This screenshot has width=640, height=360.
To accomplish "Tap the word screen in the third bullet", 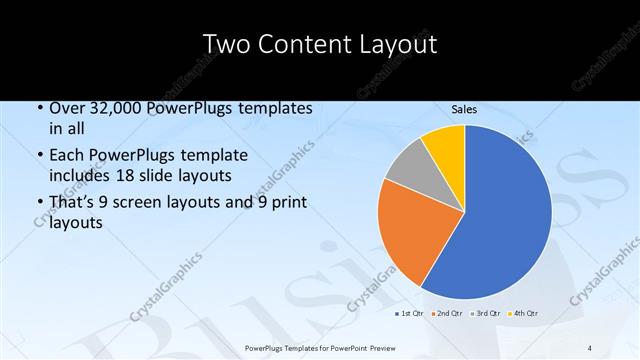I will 143,203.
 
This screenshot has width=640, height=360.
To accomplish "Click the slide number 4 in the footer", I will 590,347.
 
